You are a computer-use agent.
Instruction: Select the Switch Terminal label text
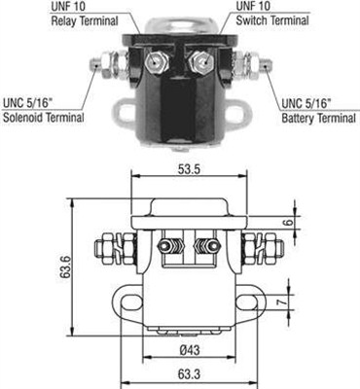[268, 19]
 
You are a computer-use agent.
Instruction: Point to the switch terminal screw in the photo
[200, 62]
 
